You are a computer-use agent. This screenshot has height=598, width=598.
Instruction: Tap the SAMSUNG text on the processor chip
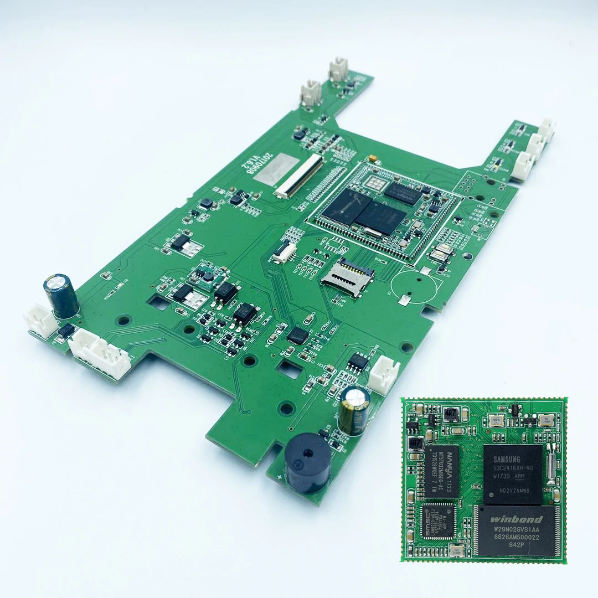point(507,459)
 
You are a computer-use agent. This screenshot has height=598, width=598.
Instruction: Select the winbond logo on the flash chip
point(515,519)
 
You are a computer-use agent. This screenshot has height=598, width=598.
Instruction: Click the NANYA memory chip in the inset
point(444,471)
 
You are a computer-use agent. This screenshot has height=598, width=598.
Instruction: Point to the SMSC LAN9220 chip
point(438,520)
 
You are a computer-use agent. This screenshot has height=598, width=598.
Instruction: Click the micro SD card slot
point(347,274)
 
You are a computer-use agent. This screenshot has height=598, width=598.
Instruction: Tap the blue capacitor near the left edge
point(61,296)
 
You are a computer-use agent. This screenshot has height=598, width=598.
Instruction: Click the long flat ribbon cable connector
point(298,176)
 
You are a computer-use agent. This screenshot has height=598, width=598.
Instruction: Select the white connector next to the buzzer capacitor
point(383,374)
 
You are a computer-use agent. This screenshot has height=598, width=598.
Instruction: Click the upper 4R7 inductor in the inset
point(450,414)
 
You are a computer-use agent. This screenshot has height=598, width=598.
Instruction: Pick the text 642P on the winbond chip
point(517,545)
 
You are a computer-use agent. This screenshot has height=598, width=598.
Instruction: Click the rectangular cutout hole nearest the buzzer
point(289,369)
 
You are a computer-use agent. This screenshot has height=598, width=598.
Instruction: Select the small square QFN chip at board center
point(297,335)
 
